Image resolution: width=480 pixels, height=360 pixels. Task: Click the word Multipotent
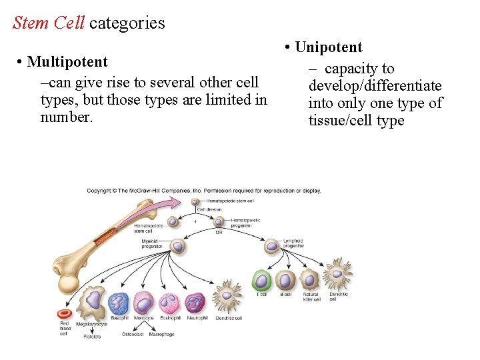tap(67, 62)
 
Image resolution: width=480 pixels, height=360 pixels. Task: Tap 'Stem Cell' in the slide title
tap(49, 23)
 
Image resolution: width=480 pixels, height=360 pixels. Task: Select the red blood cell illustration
tap(65, 313)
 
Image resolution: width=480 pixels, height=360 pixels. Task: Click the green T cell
tap(262, 280)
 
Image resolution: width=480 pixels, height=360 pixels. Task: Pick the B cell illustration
tap(286, 280)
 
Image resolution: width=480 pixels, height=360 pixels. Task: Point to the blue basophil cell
tap(119, 303)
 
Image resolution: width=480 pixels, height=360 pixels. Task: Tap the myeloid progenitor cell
tap(177, 246)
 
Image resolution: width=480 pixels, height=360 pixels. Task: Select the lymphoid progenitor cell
tap(272, 246)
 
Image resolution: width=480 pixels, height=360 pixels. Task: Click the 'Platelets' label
tap(92, 337)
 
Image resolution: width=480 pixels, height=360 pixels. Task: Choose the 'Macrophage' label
tap(161, 334)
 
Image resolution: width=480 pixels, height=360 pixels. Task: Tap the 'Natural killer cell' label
tap(311, 297)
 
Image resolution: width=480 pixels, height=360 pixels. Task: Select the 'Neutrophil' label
tap(197, 318)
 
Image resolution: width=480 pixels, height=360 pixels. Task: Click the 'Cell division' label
tap(209, 209)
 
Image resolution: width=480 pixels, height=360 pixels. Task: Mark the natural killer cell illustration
tap(309, 279)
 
